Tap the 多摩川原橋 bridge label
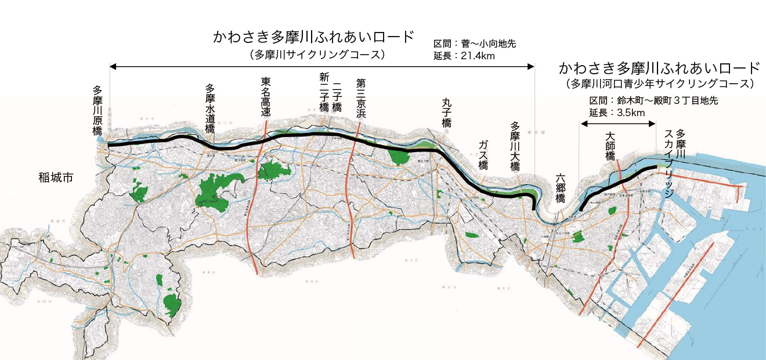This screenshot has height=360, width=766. point(97,110)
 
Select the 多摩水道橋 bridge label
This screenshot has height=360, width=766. point(210,109)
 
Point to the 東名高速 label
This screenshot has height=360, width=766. point(266,98)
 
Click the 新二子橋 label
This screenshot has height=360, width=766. point(324,93)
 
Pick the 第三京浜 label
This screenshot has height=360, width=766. point(361,97)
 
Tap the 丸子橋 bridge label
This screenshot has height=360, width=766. point(446,113)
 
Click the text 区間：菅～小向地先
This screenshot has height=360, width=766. point(475,44)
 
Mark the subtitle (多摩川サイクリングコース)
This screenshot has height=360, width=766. point(314,55)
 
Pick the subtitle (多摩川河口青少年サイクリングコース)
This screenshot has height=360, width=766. point(660,84)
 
